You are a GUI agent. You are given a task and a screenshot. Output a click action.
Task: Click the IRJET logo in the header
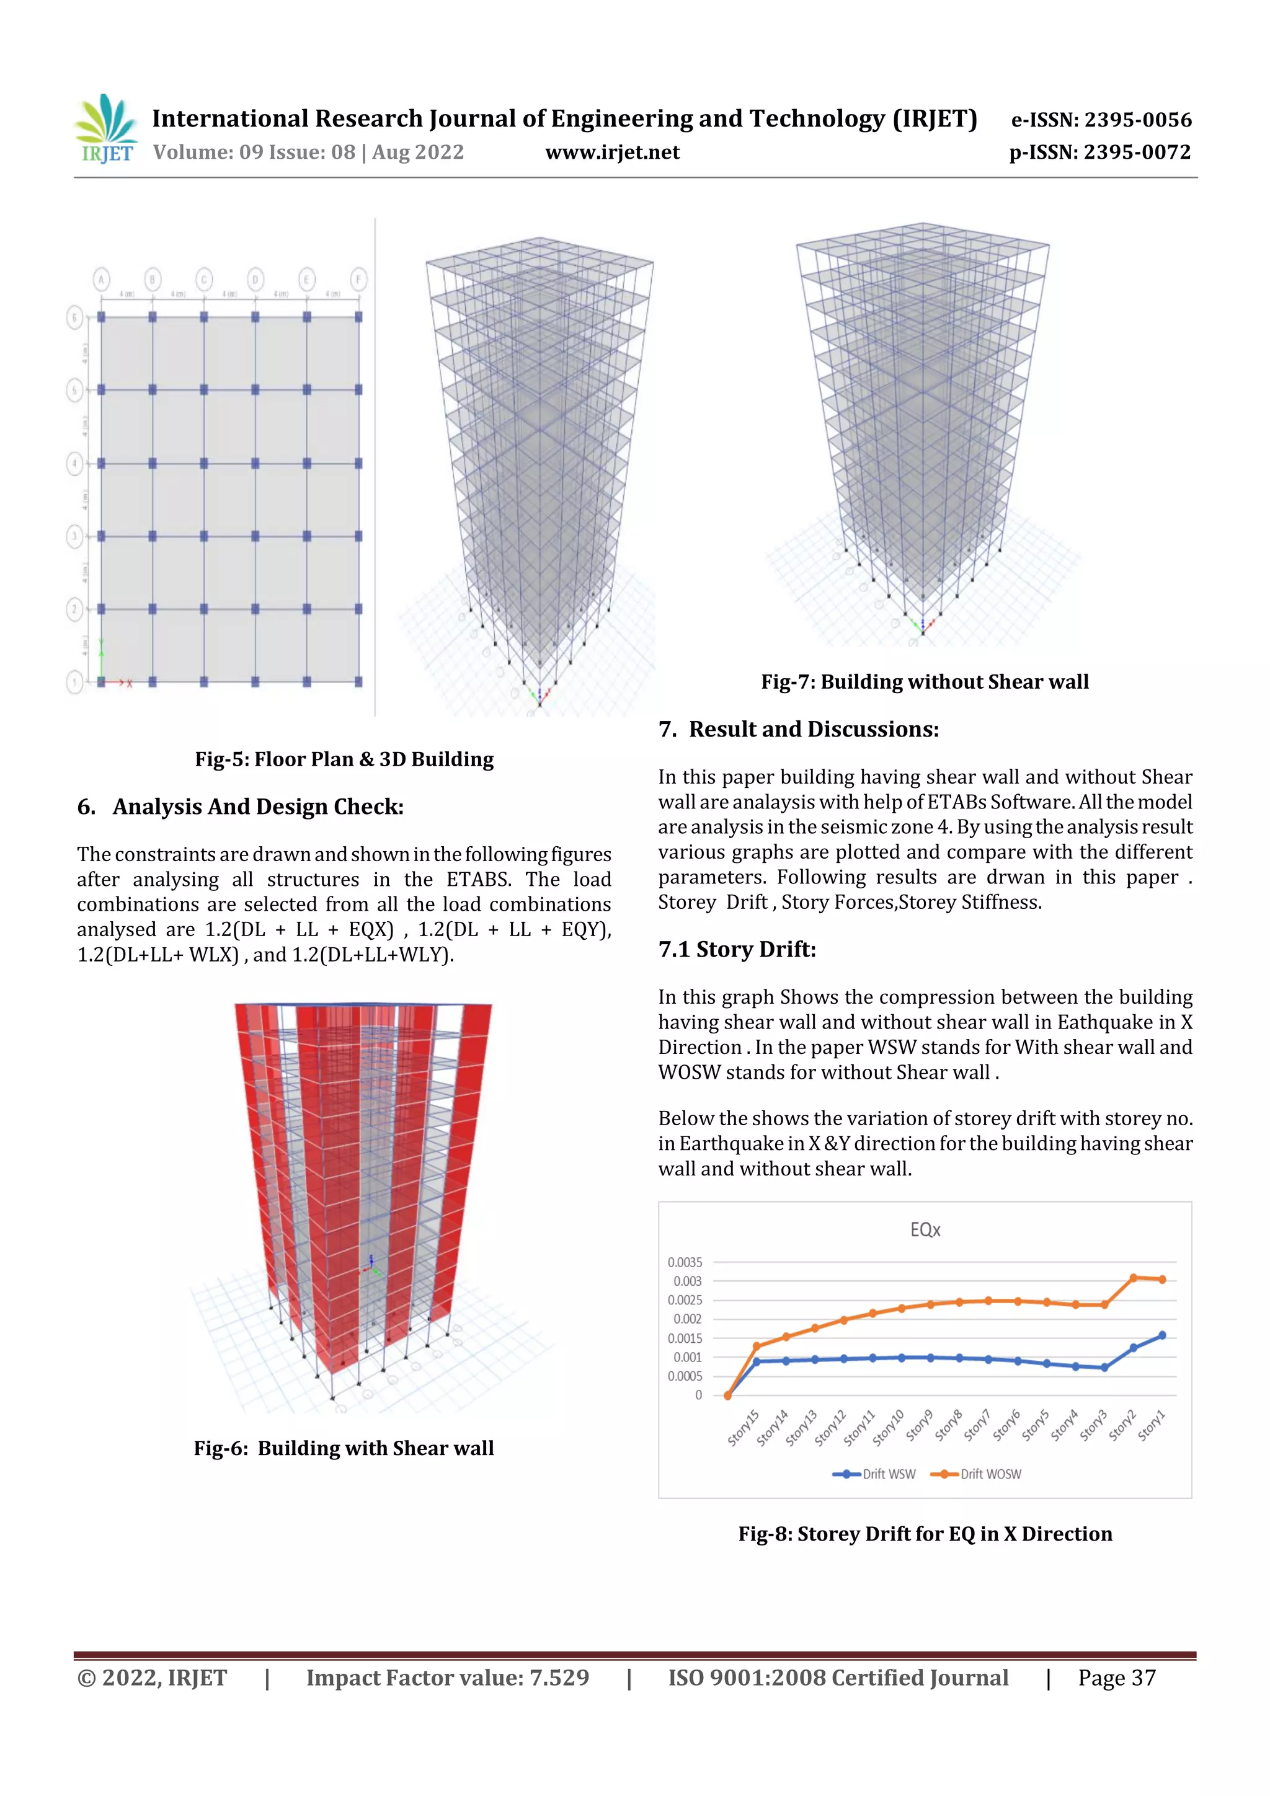105,128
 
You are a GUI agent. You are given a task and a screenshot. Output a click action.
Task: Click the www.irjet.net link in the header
612,153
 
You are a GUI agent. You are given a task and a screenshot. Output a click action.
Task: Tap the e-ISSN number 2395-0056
1137,120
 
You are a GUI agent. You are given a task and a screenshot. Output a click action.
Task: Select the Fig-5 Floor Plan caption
344,759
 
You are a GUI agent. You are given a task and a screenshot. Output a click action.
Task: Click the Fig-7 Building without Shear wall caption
924,681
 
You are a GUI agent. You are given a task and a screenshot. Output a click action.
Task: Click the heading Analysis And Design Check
257,807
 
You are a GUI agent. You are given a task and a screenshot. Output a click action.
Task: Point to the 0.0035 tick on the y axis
685,1262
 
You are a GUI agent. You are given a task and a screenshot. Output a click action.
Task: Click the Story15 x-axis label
744,1428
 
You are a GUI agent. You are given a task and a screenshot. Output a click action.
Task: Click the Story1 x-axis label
1152,1425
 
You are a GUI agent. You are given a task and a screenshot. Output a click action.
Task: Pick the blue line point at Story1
1162,1335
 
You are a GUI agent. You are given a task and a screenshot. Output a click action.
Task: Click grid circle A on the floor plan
101,279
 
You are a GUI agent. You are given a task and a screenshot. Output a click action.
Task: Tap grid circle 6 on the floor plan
74,317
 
